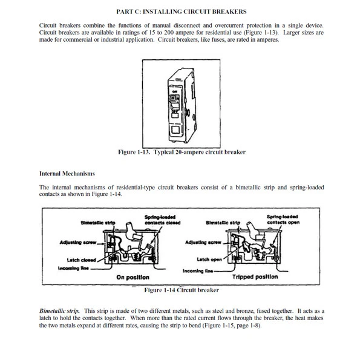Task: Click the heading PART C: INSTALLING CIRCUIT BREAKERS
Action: point(181,11)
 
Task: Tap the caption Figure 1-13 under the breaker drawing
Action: point(181,152)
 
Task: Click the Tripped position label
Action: point(255,277)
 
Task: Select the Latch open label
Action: point(209,259)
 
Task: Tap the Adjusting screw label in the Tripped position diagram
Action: point(203,243)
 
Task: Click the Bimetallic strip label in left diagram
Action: point(97,223)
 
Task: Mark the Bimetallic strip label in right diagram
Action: point(223,223)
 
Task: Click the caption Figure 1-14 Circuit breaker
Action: point(181,290)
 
